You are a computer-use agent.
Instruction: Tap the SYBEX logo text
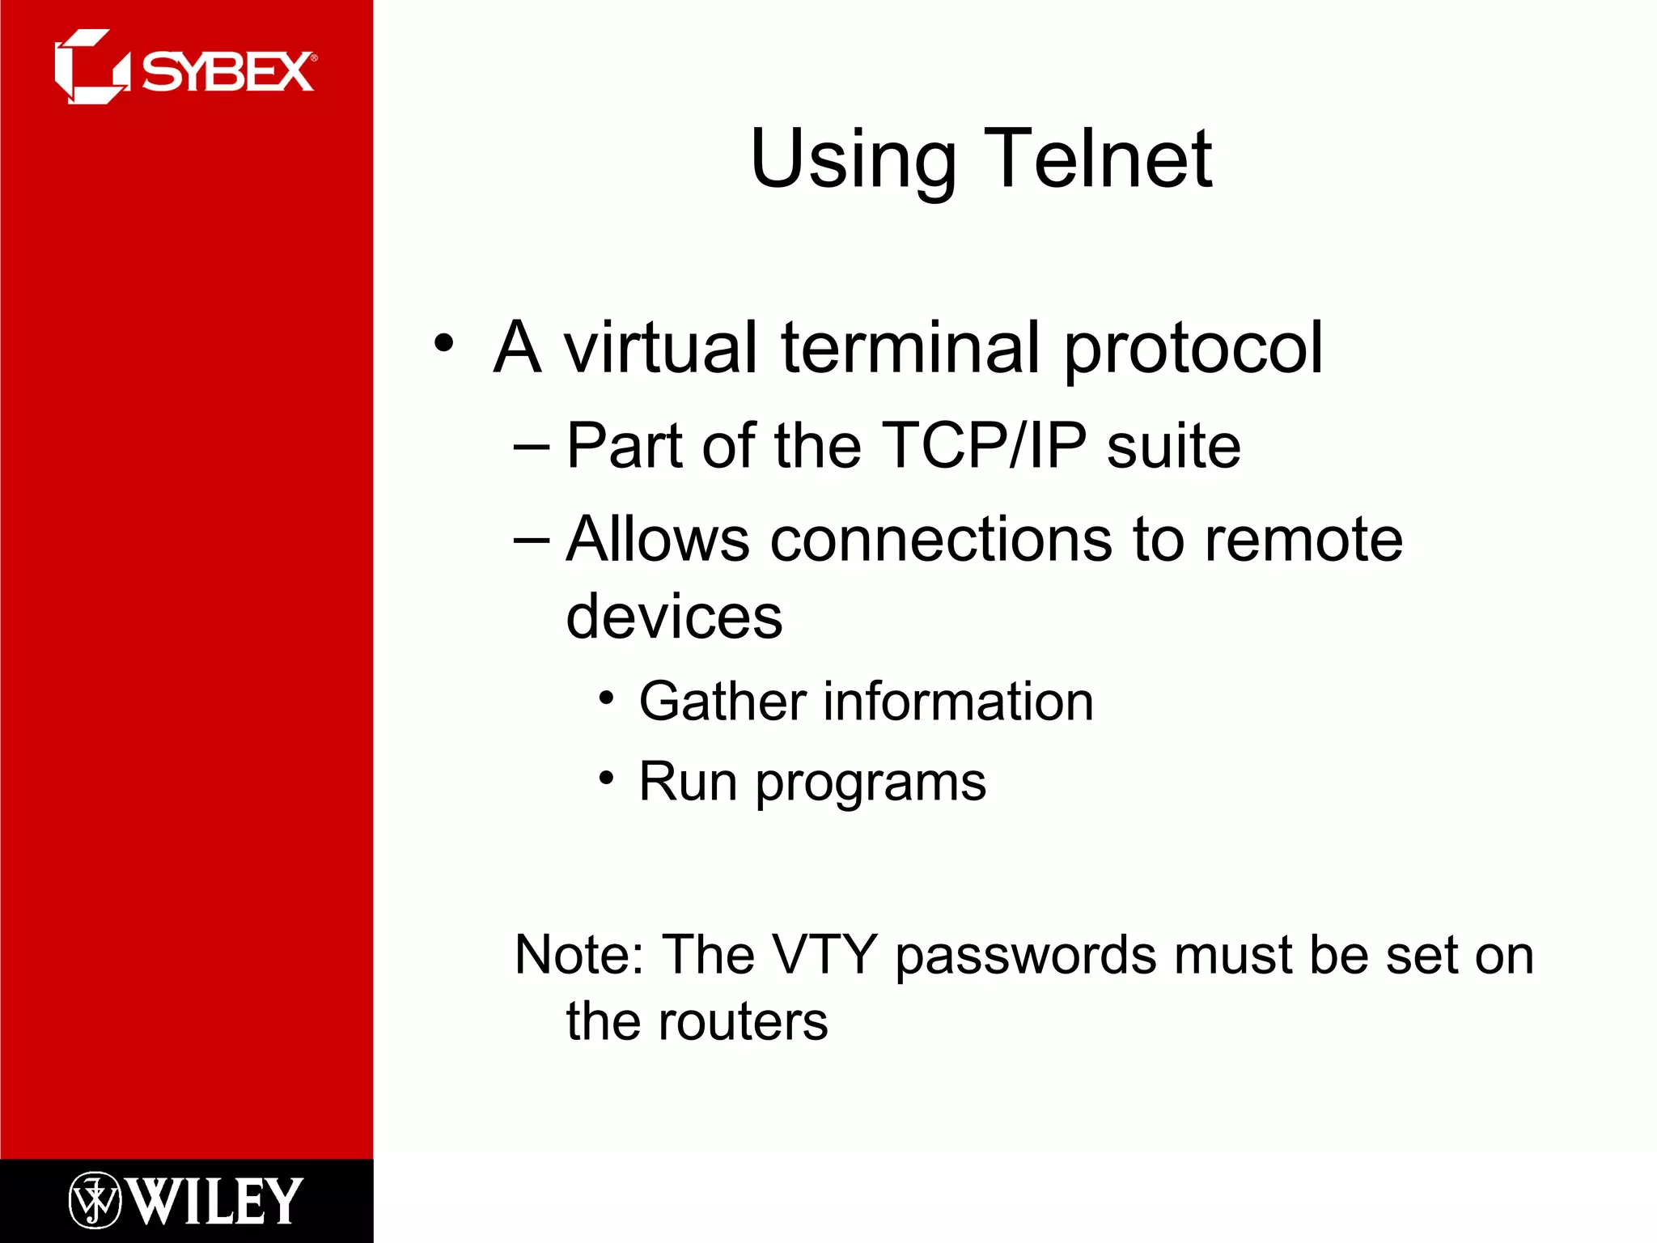[x=227, y=73]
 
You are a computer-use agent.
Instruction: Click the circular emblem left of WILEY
[x=95, y=1200]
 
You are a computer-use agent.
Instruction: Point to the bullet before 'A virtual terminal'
[x=443, y=342]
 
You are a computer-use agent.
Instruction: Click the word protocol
[x=1193, y=350]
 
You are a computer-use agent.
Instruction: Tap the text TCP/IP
[x=983, y=446]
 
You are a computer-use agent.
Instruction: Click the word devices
[x=673, y=617]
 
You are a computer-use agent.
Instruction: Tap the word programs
[x=871, y=784]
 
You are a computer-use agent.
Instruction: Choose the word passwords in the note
[x=1026, y=957]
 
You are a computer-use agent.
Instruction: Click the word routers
[x=743, y=1021]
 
